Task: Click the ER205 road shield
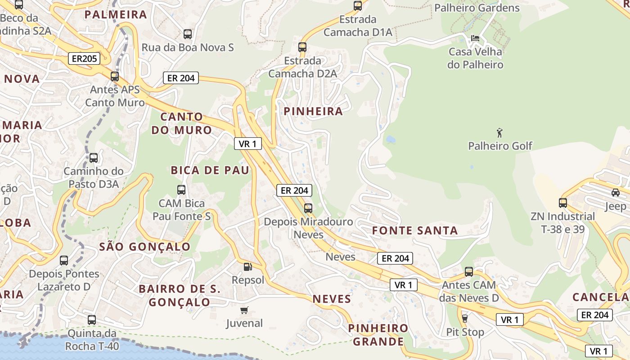(x=84, y=58)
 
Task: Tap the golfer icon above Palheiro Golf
(x=499, y=133)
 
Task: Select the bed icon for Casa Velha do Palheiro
(x=475, y=38)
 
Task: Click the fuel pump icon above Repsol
(x=247, y=267)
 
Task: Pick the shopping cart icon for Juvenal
(x=244, y=310)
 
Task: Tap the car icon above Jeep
(x=615, y=193)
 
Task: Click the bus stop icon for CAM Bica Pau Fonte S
(x=181, y=190)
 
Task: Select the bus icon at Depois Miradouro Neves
(x=308, y=208)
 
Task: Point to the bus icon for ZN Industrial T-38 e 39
(x=563, y=203)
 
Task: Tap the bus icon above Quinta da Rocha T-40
(x=92, y=320)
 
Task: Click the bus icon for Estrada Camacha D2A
(x=302, y=47)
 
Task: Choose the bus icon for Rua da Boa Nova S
(x=188, y=34)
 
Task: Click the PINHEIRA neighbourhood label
(x=313, y=112)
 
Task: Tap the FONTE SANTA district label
(x=414, y=231)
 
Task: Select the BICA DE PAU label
(x=210, y=171)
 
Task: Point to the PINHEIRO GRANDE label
(x=378, y=335)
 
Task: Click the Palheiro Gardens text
(x=477, y=8)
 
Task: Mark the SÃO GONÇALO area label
(x=144, y=247)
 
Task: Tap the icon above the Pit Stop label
(x=465, y=319)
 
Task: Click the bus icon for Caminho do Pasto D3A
(x=94, y=158)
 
